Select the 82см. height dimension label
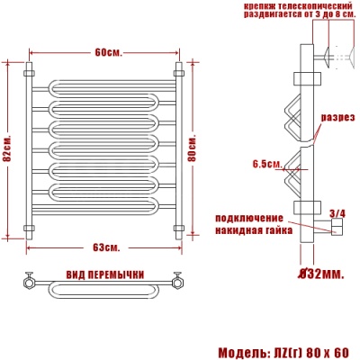pyautogui.click(x=7, y=154)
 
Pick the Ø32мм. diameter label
pyautogui.click(x=320, y=273)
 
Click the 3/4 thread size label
pyautogui.click(x=337, y=212)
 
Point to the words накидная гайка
pyautogui.click(x=251, y=229)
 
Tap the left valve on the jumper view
pyautogui.click(x=31, y=282)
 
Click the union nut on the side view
pyautogui.click(x=337, y=228)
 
